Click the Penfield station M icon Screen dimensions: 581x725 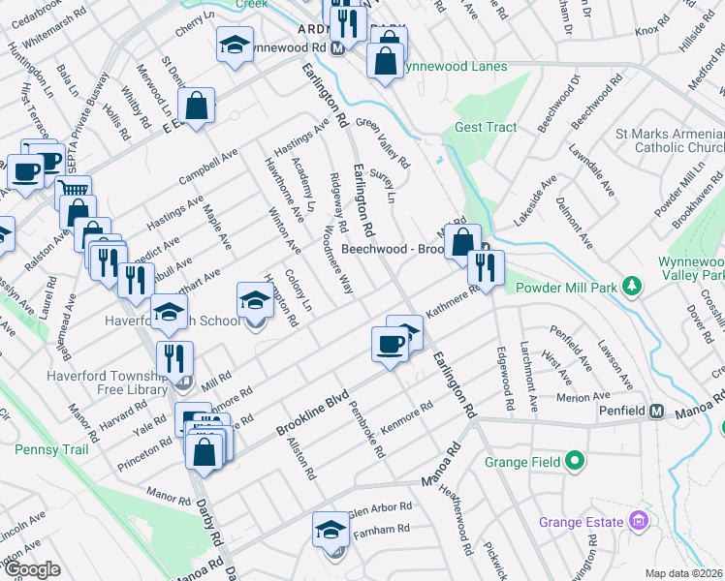click(x=656, y=412)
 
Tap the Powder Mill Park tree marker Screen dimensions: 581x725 click(x=632, y=286)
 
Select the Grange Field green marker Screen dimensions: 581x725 click(x=574, y=462)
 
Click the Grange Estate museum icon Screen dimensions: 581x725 click(x=637, y=522)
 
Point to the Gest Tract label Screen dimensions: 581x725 click(x=486, y=127)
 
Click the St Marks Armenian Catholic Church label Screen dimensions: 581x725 click(x=669, y=140)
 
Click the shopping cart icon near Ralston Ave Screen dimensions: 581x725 click(x=72, y=190)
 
